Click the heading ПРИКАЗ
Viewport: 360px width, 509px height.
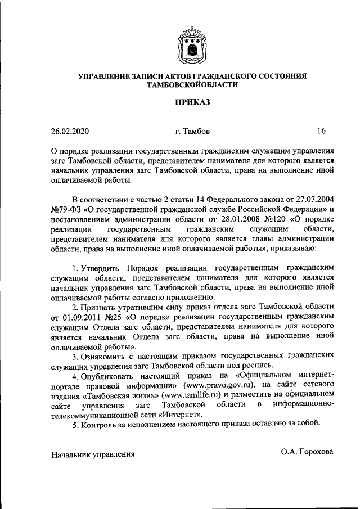192,102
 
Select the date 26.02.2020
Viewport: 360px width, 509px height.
70,132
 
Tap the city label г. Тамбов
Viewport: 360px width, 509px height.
192,132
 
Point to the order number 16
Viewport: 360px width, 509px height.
321,132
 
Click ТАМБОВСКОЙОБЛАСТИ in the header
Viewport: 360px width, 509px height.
192,84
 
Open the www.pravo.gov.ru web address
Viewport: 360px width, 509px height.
223,385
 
